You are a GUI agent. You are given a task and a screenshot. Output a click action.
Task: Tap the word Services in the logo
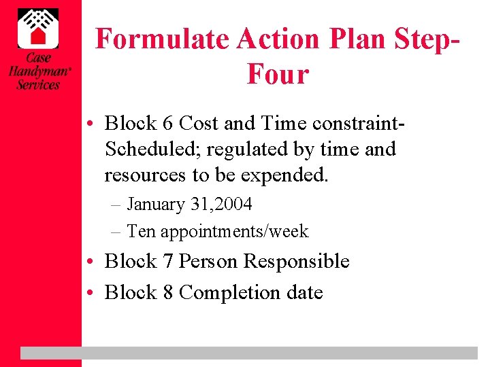pos(39,85)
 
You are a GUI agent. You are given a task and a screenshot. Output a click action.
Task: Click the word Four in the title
pos(278,73)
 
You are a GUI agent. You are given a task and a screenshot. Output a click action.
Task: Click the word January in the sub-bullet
pos(156,204)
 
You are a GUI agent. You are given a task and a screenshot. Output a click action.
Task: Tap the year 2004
pos(231,204)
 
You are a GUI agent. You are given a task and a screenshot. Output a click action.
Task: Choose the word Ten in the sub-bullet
pos(141,232)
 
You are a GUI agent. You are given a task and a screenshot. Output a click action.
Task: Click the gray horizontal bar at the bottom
pos(248,353)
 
